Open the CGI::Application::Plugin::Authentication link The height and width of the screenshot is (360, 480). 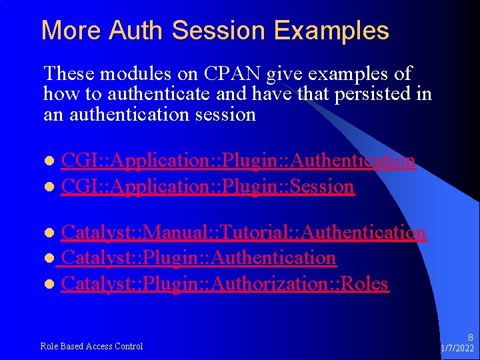coord(238,161)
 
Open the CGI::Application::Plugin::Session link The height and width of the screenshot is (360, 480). coord(207,186)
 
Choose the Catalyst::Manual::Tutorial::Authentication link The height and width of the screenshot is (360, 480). coord(243,232)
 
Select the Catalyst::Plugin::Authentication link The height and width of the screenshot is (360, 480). coord(198,257)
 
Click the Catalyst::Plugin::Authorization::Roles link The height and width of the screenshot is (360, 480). coord(224,283)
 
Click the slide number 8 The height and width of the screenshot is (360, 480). coord(470,337)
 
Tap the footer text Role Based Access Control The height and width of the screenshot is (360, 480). coord(91,346)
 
